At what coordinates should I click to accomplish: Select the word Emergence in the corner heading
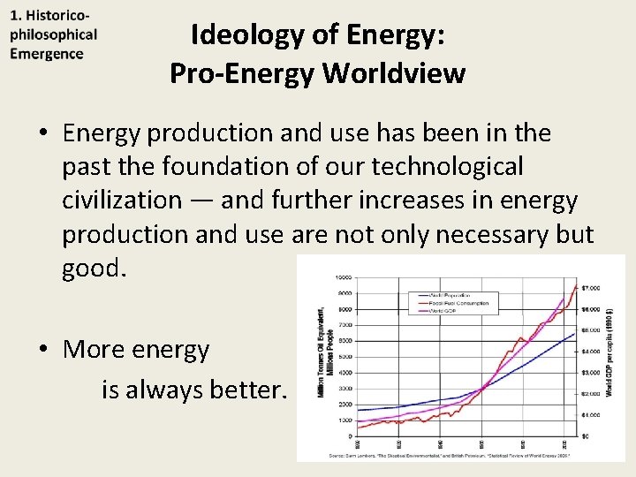tap(47, 53)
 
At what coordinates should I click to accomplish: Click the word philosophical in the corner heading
tap(53, 35)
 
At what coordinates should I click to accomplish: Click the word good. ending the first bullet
tap(95, 269)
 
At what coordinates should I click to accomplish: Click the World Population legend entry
tap(450, 294)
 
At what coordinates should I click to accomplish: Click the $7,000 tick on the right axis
tap(589, 288)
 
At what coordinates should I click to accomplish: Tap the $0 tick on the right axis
tap(584, 435)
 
